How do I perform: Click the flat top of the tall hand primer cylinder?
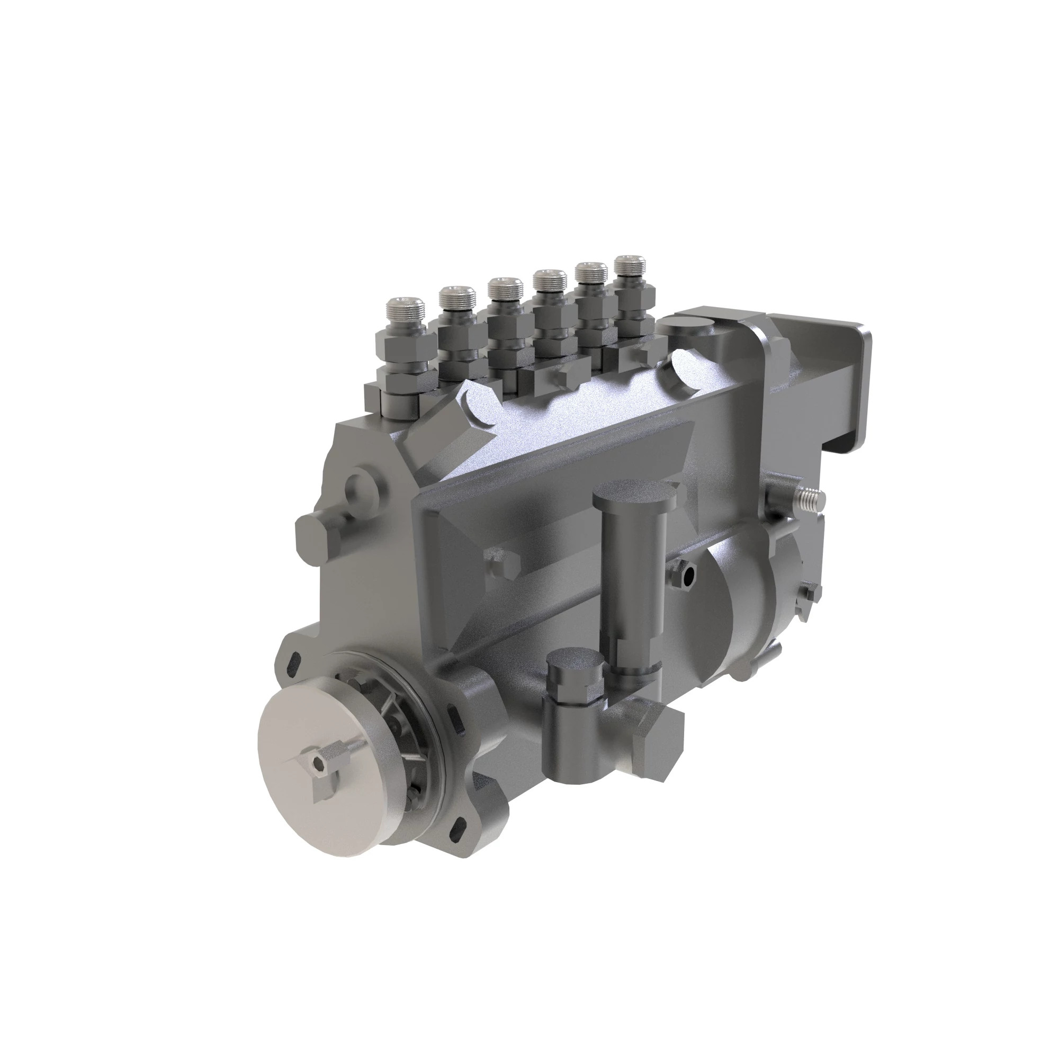(634, 494)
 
